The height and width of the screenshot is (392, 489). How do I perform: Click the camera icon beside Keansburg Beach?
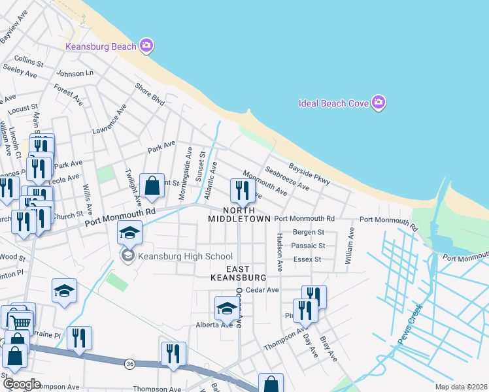click(146, 45)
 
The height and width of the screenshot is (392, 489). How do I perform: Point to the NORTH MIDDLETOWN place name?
click(239, 214)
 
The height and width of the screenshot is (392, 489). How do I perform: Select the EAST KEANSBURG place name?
click(238, 273)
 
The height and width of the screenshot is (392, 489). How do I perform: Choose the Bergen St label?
click(309, 232)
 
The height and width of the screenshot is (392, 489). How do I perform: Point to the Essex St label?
click(309, 259)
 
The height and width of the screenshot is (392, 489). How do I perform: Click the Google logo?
click(21, 384)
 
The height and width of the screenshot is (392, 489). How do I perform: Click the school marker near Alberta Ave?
click(227, 308)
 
